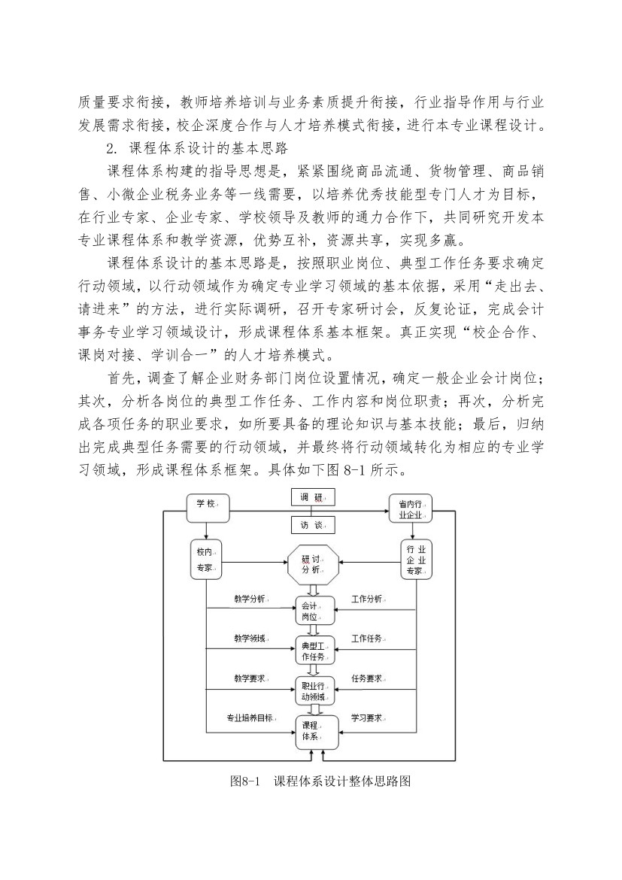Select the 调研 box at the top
click(x=313, y=496)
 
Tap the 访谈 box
click(x=313, y=525)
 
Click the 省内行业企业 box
click(x=412, y=508)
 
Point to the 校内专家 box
click(x=206, y=559)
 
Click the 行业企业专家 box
click(x=416, y=560)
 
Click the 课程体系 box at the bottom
click(x=317, y=731)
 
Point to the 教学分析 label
click(x=250, y=599)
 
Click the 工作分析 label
click(x=367, y=599)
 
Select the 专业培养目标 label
click(x=250, y=718)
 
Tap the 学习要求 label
click(x=367, y=718)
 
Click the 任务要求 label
click(x=367, y=678)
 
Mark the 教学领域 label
click(x=250, y=639)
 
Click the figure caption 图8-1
click(x=243, y=781)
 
